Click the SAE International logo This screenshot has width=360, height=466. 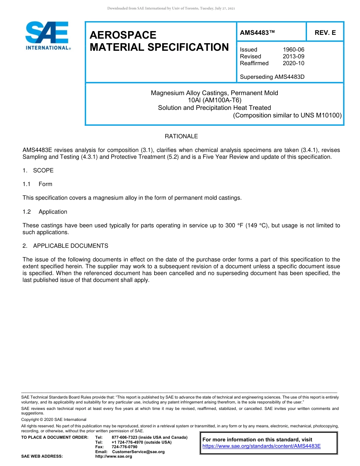pyautogui.click(x=47, y=36)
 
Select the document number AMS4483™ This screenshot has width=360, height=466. pyautogui.click(x=257, y=33)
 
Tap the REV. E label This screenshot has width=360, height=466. pyautogui.click(x=325, y=33)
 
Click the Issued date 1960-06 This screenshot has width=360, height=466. pyautogui.click(x=293, y=50)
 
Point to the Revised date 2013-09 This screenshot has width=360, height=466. pyautogui.click(x=293, y=56)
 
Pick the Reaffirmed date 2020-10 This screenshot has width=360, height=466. pyautogui.click(x=293, y=63)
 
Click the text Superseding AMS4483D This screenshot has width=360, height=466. pyautogui.click(x=272, y=77)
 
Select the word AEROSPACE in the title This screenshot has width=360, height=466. pyautogui.click(x=123, y=35)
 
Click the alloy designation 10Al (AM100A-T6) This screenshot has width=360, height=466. pyautogui.click(x=214, y=100)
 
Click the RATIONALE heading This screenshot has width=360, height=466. pyautogui.click(x=181, y=136)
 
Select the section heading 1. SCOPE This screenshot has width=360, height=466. pyautogui.click(x=38, y=170)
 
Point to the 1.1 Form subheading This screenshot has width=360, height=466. pyautogui.click(x=38, y=184)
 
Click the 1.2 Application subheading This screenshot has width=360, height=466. pyautogui.click(x=45, y=212)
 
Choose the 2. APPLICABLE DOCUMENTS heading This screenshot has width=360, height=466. pyautogui.click(x=65, y=246)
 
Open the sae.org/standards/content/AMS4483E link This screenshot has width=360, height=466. pyautogui.click(x=261, y=446)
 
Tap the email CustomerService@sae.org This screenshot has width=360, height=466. pyautogui.click(x=138, y=452)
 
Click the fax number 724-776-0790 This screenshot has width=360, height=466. pyautogui.click(x=125, y=447)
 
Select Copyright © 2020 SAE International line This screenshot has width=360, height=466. pyautogui.click(x=54, y=420)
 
